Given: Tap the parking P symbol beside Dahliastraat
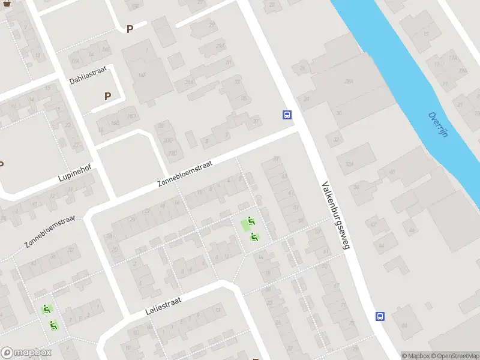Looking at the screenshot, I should click(x=108, y=96).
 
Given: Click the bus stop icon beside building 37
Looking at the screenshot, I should click(x=287, y=115).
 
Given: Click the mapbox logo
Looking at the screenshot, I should click(x=26, y=353).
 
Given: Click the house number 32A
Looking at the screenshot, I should click(x=349, y=163).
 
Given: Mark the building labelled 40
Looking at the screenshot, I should click(x=392, y=172).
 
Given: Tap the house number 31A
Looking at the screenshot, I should click(x=189, y=82).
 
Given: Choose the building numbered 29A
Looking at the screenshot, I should click(x=220, y=46).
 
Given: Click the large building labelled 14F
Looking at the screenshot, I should click(x=142, y=74).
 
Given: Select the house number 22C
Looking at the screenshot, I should click(x=75, y=61).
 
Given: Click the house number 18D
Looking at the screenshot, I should click(x=131, y=116).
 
